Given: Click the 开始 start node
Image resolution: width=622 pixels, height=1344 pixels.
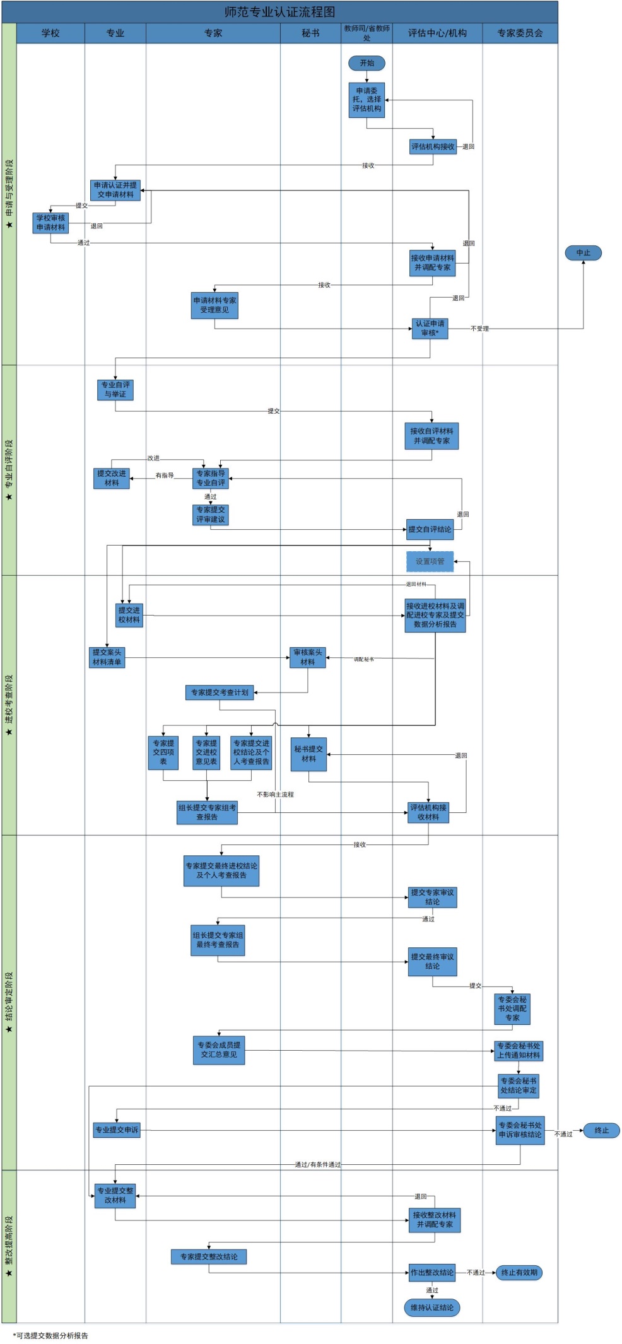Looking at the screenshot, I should click(x=367, y=63).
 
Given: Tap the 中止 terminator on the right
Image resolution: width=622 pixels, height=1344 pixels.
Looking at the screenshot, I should click(x=583, y=253).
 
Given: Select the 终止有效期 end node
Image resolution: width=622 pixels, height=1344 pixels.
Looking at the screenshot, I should click(x=519, y=1272).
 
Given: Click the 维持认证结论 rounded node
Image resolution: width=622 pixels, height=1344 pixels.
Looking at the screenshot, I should click(x=432, y=1307).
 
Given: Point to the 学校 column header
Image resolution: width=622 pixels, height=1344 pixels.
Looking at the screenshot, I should click(x=50, y=33).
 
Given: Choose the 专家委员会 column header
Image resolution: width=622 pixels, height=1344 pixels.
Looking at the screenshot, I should click(x=520, y=33).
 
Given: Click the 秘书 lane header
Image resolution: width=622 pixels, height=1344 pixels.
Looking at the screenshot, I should click(x=310, y=33).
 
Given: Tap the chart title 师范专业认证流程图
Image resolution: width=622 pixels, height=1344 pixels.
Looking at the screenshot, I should click(x=279, y=12).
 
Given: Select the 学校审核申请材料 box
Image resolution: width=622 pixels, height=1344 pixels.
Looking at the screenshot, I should click(x=50, y=223).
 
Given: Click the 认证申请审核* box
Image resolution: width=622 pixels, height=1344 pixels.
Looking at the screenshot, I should click(x=430, y=329).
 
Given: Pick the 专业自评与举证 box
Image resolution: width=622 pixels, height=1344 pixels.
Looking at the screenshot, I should click(x=115, y=390).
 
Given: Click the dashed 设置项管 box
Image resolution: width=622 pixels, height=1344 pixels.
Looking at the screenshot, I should click(x=430, y=561).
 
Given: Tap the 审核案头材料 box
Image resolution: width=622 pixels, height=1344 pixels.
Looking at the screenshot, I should click(x=308, y=657).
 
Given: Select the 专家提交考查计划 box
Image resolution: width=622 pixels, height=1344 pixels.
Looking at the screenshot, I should click(x=220, y=692).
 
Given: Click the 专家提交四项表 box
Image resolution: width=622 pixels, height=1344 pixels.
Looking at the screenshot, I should click(x=163, y=752).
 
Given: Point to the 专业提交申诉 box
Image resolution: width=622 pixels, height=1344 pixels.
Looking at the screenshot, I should click(x=117, y=1130).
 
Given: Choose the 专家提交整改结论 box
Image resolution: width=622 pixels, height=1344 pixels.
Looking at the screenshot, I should click(x=209, y=1257).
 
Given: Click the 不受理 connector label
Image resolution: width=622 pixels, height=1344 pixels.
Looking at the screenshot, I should click(x=479, y=329).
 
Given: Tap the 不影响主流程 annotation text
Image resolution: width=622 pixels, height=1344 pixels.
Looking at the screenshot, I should click(x=275, y=795).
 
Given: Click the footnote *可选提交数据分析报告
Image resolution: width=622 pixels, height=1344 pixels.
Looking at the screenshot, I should click(x=50, y=1335).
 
